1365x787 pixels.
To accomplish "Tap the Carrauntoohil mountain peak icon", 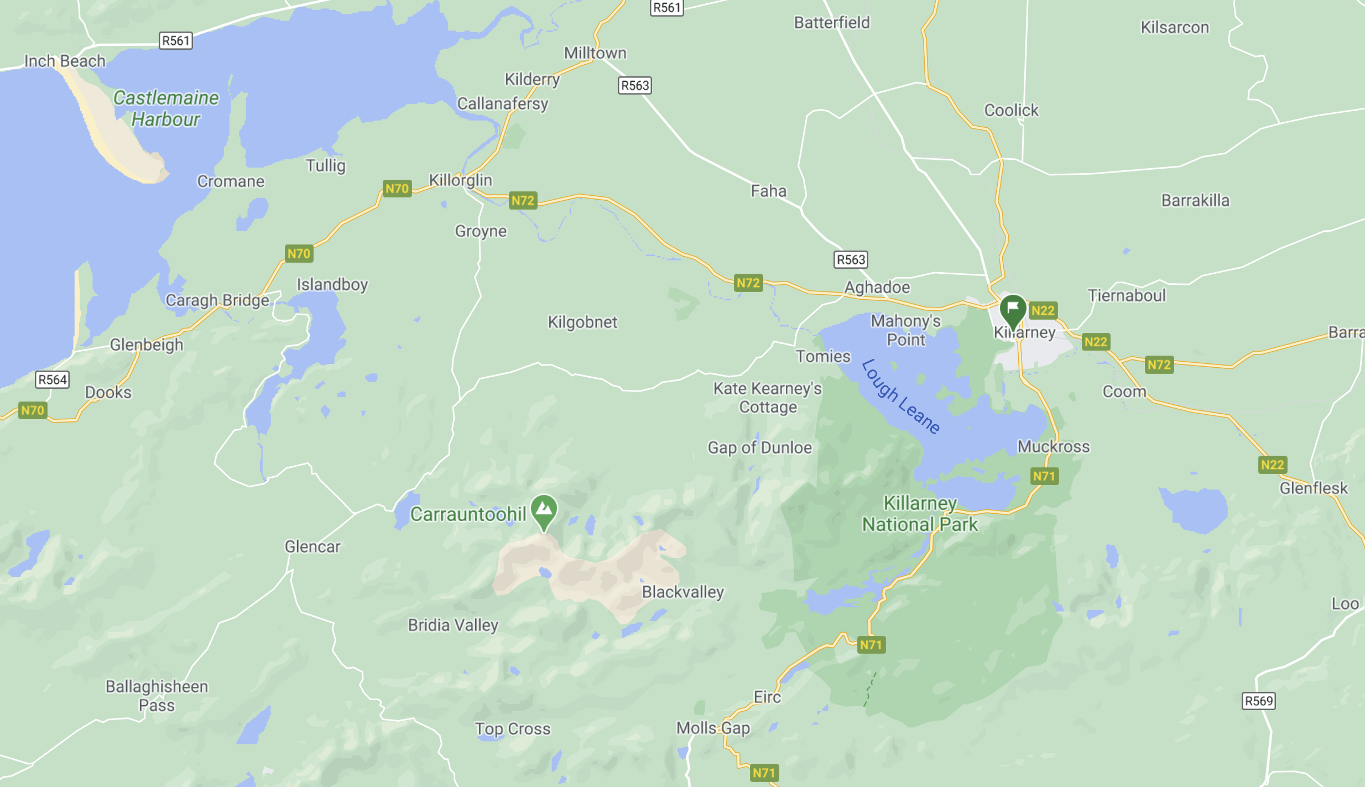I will click(544, 509).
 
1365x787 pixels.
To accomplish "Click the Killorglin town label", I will click(460, 180).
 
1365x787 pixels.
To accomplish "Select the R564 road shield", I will click(53, 379).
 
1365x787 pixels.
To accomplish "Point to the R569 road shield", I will click(1259, 701).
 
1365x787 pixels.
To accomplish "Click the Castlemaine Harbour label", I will click(166, 108).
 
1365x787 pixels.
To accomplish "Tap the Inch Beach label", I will click(65, 61).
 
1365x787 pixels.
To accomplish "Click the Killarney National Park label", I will click(920, 514).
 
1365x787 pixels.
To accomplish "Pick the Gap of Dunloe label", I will click(759, 447).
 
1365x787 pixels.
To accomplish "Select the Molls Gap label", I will click(713, 728).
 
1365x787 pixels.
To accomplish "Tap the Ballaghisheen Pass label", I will click(157, 696).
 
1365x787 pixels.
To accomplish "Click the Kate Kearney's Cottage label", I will click(768, 398).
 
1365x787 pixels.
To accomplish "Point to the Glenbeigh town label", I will click(147, 345).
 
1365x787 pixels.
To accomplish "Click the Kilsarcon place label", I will click(1174, 28).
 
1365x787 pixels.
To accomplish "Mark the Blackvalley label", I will click(682, 592).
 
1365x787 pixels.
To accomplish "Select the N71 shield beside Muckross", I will click(1044, 476).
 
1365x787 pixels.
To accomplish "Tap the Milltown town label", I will click(595, 53).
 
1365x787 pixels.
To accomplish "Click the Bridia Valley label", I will click(453, 625).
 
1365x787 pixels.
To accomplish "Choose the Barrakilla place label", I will click(1195, 200).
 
